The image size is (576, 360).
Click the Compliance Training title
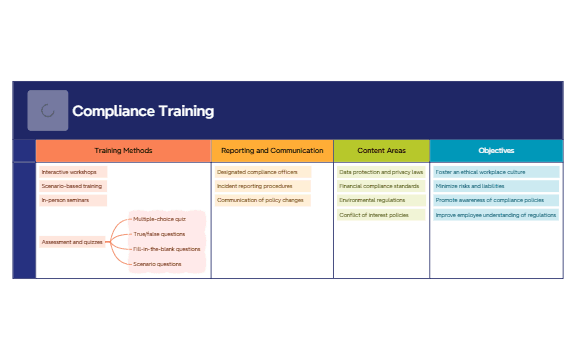click(x=143, y=111)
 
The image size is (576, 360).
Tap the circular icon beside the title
click(x=48, y=111)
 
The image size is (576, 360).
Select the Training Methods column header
click(x=123, y=150)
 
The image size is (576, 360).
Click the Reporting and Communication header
click(x=271, y=150)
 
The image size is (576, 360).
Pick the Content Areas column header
click(x=381, y=150)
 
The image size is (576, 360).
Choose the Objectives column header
click(x=496, y=150)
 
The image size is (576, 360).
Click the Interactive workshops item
click(x=69, y=172)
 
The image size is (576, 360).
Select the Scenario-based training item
click(x=72, y=186)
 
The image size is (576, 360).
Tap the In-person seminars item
click(x=65, y=200)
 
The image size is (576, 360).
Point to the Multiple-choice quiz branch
click(x=160, y=218)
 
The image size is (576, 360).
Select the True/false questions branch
click(x=160, y=233)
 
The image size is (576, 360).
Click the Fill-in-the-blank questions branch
click(x=167, y=249)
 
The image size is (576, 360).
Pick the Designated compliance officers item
click(x=257, y=172)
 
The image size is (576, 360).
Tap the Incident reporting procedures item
click(x=255, y=186)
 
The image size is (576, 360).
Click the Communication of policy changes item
click(x=260, y=200)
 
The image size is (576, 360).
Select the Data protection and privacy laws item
click(x=381, y=172)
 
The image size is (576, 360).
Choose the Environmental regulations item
click(x=373, y=200)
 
